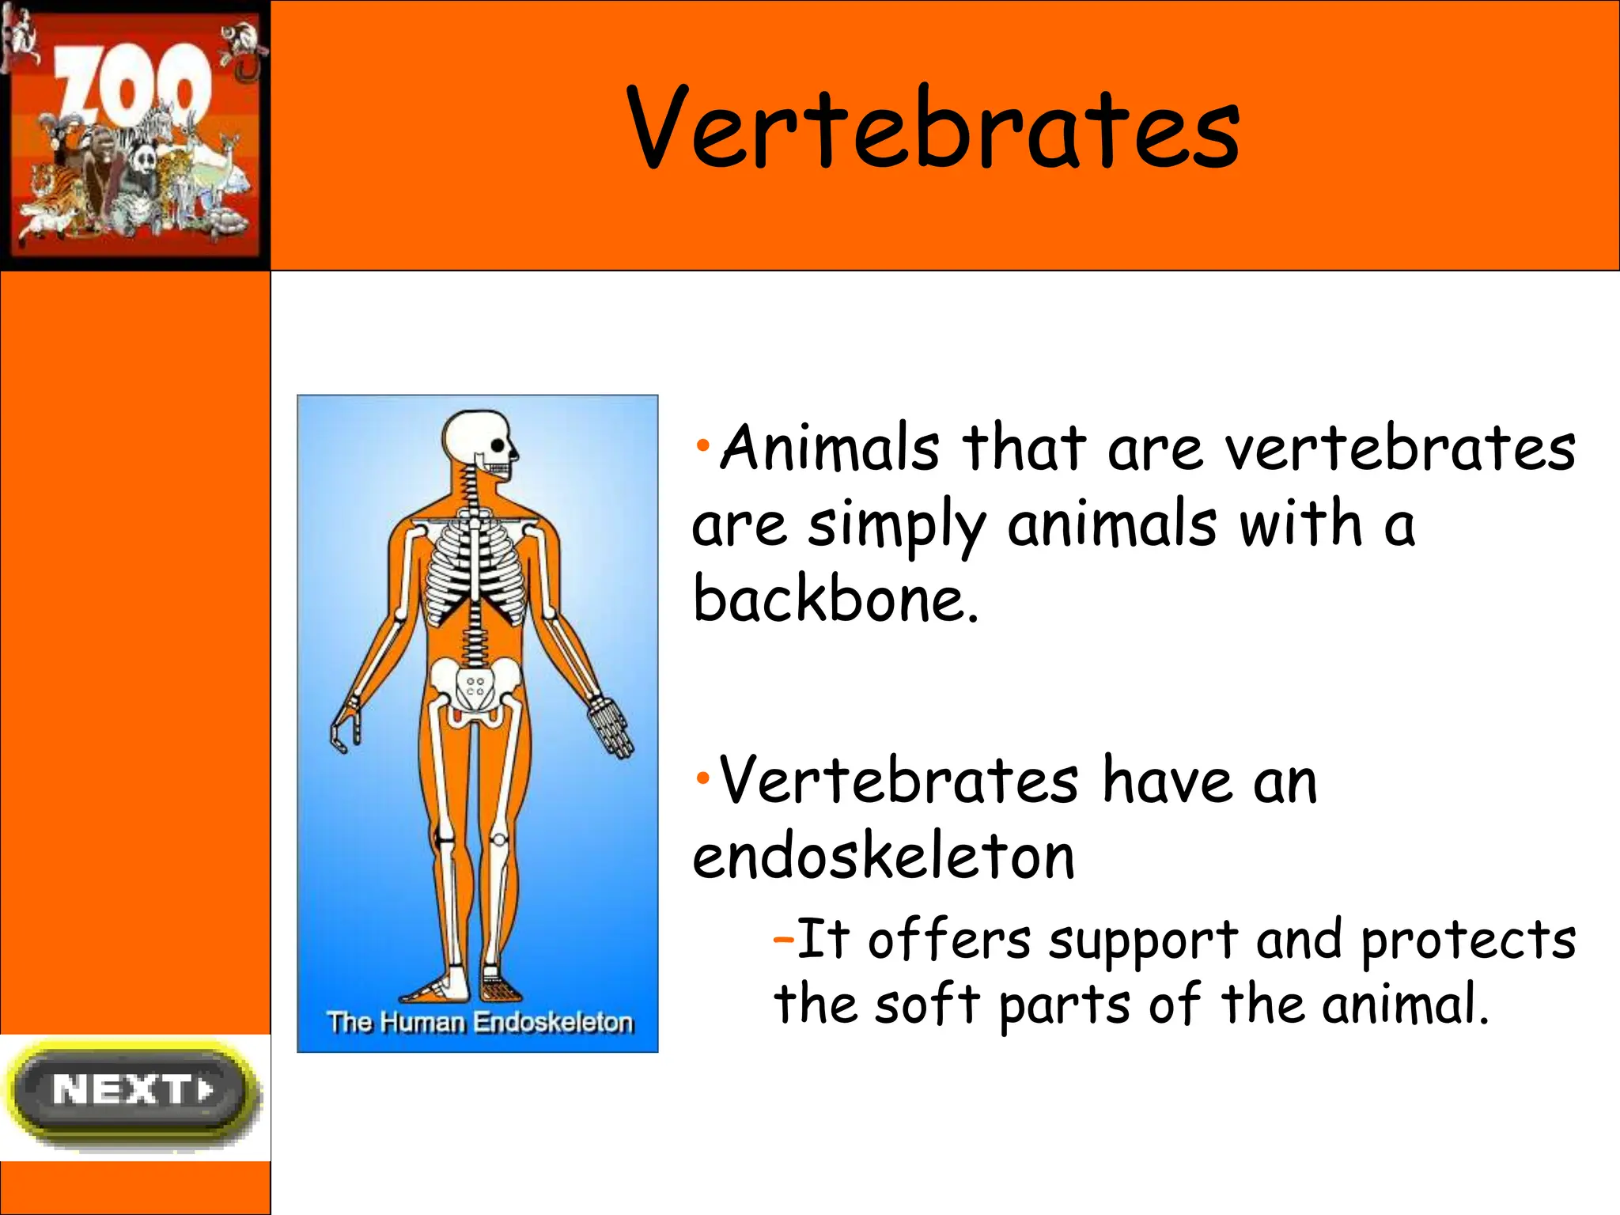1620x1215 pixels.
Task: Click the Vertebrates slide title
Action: click(933, 129)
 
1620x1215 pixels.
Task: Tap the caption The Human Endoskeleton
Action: click(479, 1022)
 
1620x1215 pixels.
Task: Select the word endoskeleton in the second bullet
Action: click(884, 857)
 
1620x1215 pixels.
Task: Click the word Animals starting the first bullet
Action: click(830, 449)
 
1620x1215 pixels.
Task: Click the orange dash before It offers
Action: click(783, 940)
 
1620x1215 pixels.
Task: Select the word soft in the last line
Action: click(927, 1005)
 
